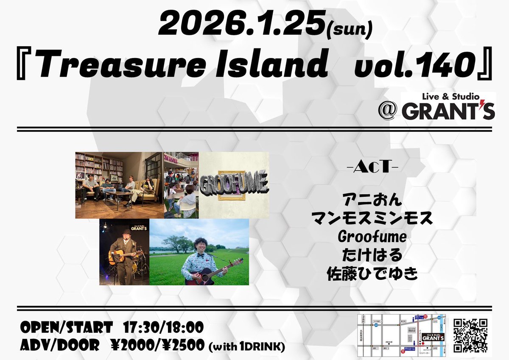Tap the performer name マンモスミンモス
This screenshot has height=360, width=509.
(x=371, y=219)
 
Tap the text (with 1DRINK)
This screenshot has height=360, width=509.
(x=246, y=347)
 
